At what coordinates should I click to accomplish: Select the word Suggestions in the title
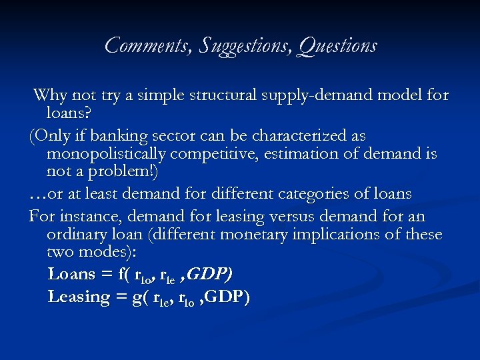(x=239, y=46)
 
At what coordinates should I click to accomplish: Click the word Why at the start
(x=49, y=95)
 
